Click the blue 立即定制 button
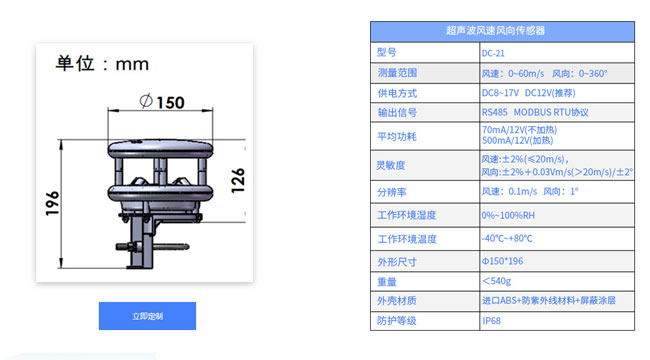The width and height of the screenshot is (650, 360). pyautogui.click(x=147, y=316)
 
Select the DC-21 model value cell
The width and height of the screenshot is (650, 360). pyautogui.click(x=494, y=53)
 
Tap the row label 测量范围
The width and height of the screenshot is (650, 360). pyautogui.click(x=397, y=73)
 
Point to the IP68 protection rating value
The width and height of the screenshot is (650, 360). pyautogui.click(x=491, y=320)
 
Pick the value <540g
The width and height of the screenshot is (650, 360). pyautogui.click(x=497, y=281)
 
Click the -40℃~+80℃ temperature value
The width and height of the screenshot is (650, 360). pyautogui.click(x=507, y=239)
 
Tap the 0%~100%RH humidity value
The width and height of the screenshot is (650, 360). pyautogui.click(x=507, y=215)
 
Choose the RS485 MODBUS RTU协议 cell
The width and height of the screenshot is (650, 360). pyautogui.click(x=535, y=112)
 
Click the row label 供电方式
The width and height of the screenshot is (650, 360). pyautogui.click(x=397, y=93)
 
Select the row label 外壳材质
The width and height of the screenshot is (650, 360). pyautogui.click(x=397, y=300)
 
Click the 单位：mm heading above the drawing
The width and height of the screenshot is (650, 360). pyautogui.click(x=102, y=64)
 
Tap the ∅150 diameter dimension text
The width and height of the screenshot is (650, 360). pyautogui.click(x=163, y=102)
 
